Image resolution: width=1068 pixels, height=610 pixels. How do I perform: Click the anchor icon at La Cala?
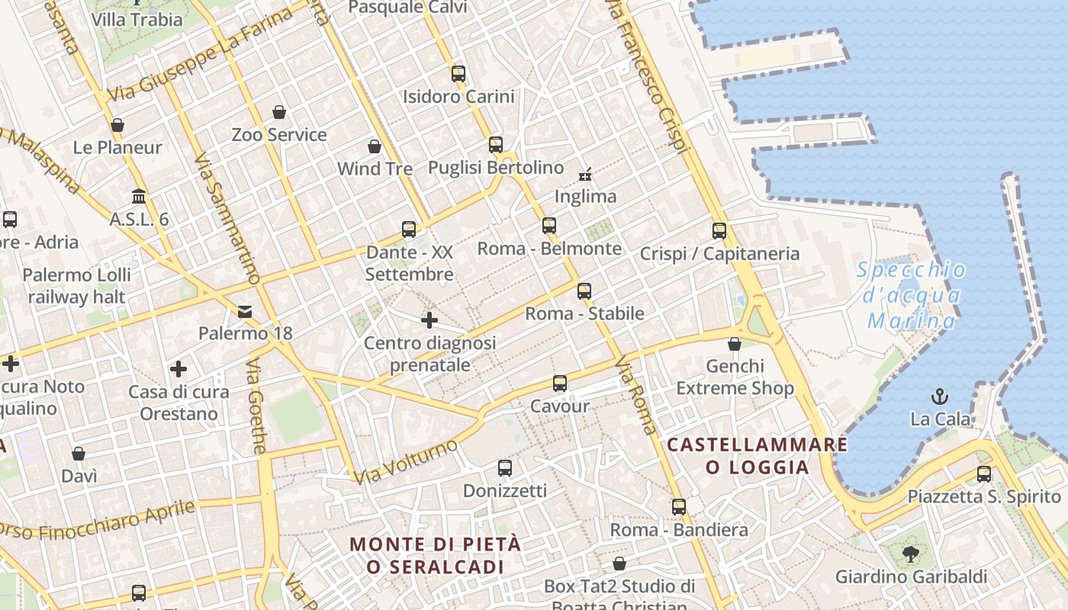point(940,396)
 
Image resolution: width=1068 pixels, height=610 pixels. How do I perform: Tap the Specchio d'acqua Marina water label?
point(912,295)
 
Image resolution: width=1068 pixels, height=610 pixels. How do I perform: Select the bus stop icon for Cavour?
point(560,383)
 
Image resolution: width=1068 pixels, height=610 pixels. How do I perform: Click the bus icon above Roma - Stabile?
point(584,291)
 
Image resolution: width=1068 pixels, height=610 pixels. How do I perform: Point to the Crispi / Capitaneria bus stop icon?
point(719,230)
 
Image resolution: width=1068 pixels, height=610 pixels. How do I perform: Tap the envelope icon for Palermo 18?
point(245,311)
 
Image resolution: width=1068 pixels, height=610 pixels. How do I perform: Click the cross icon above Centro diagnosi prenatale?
point(429,319)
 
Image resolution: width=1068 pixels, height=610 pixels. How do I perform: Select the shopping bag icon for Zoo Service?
point(279,112)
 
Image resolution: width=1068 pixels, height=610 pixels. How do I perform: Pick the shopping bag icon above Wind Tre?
point(375,146)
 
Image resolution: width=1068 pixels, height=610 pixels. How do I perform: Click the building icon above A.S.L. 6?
point(139,196)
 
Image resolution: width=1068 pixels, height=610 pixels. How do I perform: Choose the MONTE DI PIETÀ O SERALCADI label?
point(435,555)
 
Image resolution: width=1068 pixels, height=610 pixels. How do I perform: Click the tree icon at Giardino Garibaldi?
point(910,554)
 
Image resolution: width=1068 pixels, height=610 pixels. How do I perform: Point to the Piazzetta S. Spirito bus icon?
point(984,474)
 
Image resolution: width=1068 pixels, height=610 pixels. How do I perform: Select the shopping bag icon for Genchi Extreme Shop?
point(735,344)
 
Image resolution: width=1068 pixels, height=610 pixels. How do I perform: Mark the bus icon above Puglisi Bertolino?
point(496,144)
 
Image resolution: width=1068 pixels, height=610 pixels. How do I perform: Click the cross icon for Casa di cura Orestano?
point(179,369)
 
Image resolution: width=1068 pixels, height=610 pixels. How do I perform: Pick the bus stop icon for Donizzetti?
point(505,467)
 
